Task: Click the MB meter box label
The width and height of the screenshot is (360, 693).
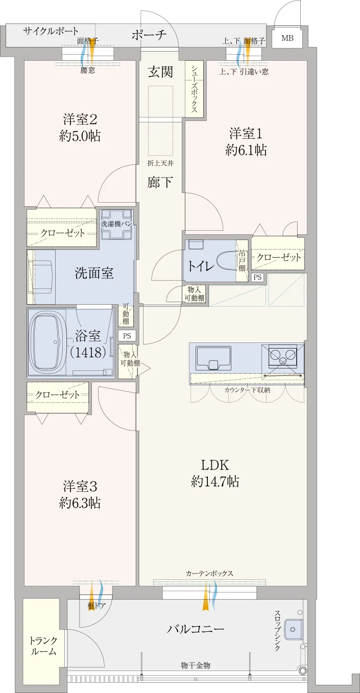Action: [287, 38]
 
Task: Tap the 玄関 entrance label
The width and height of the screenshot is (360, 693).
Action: [160, 72]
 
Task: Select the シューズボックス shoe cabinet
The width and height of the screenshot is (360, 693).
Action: [194, 89]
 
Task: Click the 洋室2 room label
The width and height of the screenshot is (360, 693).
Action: [80, 119]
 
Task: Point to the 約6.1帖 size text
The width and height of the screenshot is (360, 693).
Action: [246, 150]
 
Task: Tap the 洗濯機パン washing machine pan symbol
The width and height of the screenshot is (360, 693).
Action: [117, 224]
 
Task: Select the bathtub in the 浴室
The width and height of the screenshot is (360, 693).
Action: [47, 342]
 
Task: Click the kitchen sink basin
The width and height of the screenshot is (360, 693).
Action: [213, 358]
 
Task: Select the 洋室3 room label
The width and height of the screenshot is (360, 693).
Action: [80, 487]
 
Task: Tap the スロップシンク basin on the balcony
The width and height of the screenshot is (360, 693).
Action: [293, 629]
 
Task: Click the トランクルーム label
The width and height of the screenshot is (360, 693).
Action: [43, 646]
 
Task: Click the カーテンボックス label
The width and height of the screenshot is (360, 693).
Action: [209, 573]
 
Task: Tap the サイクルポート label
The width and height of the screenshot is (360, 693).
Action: [51, 31]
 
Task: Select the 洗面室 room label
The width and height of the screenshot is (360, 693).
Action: [94, 273]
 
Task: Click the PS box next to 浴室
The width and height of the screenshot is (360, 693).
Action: [127, 336]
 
